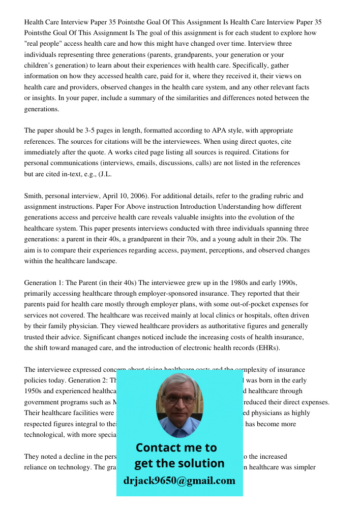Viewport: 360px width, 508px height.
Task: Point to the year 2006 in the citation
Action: (x=149, y=196)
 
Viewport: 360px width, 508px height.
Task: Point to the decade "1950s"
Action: (x=35, y=391)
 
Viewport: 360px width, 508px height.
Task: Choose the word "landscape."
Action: (x=100, y=261)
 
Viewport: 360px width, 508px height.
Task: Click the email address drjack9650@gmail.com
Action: (x=179, y=480)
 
